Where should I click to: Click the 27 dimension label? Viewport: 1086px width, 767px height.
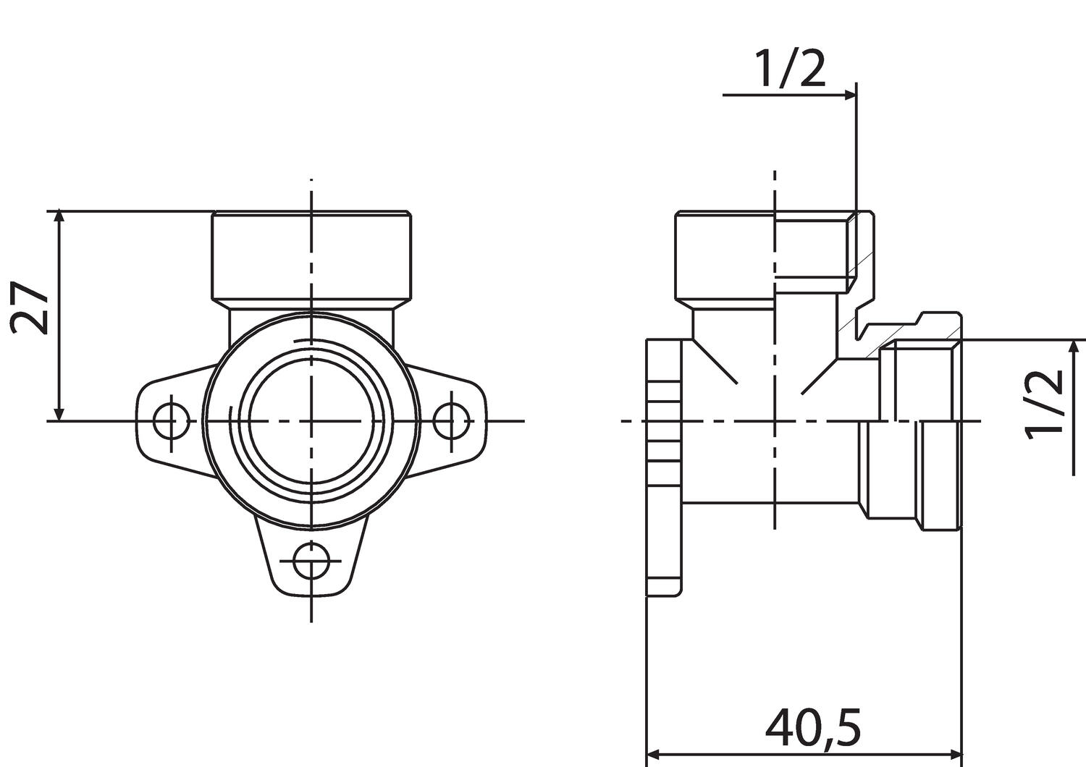(30, 308)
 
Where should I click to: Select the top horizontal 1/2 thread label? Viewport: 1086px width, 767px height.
(790, 69)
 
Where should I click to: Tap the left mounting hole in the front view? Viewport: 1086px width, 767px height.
(172, 420)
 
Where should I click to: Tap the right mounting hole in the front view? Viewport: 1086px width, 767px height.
(451, 420)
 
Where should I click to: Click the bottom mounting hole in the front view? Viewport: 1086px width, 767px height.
(311, 559)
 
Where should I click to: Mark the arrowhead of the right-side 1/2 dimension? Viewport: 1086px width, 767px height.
(1074, 345)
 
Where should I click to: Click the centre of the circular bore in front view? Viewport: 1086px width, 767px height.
(311, 420)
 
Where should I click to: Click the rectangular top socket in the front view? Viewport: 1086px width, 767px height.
(311, 257)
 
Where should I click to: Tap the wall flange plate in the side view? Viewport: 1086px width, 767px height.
(664, 467)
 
